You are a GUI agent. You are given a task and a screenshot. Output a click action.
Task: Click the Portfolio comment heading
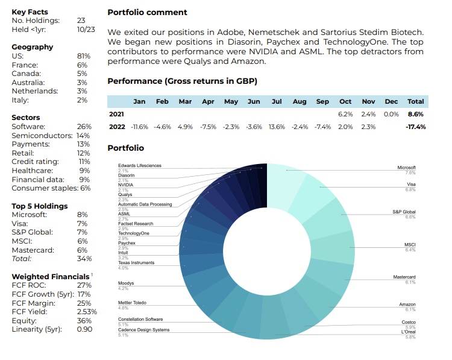coord(147,12)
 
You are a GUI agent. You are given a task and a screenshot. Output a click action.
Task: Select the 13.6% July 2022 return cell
coord(277,127)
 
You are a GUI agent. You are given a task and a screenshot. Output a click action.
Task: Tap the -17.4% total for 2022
coord(415,127)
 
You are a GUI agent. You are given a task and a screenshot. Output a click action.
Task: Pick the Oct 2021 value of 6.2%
coord(345,113)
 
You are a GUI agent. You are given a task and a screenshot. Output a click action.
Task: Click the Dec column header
coord(391,101)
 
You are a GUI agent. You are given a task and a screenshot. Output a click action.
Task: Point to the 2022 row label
coord(117,127)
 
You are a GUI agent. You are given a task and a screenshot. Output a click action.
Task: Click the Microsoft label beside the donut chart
coord(406,168)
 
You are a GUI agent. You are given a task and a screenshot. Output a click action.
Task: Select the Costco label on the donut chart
coord(408,322)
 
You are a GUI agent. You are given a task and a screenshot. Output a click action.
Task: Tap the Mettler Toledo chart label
coord(132,303)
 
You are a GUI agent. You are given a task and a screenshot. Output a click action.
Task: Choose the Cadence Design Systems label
coord(143,330)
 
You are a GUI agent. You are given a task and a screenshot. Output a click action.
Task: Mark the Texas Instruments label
coord(136,263)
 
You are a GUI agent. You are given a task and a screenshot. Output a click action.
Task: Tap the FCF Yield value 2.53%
coord(87,312)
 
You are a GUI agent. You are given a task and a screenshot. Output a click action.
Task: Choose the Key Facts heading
coord(30,12)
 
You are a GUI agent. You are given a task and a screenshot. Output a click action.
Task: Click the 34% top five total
coord(84,259)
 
